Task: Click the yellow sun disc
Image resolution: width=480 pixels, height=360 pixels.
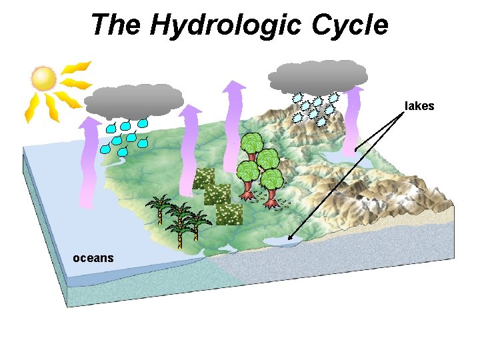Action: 44,78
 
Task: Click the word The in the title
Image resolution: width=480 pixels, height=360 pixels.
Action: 117,25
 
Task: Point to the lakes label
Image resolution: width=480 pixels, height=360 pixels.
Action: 420,106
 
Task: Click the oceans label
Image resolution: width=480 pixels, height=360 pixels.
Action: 93,258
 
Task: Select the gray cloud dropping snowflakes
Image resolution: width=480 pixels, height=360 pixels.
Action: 318,76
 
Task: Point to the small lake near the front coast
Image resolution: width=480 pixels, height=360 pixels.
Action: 281,243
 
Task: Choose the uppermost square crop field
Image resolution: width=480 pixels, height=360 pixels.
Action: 203,178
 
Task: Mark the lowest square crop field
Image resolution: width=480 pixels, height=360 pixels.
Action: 229,214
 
